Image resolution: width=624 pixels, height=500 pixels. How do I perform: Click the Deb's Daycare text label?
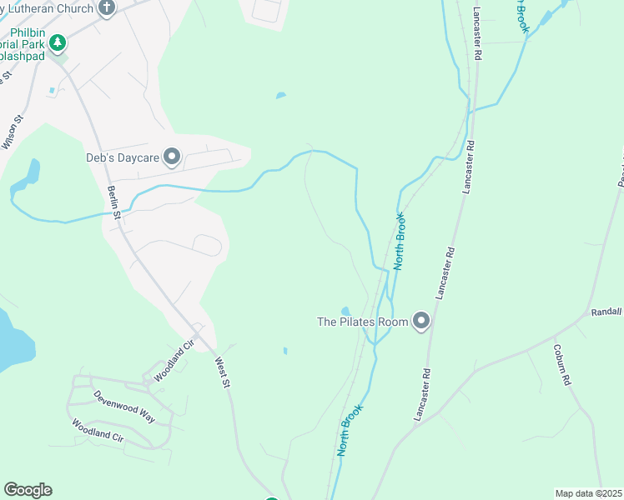(x=122, y=157)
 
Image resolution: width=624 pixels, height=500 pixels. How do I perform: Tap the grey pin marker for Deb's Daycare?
(x=173, y=156)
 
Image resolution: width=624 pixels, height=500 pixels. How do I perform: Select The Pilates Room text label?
(x=362, y=322)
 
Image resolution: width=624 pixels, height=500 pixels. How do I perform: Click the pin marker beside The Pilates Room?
(x=421, y=321)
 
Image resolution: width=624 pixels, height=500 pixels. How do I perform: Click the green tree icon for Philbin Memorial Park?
(x=57, y=41)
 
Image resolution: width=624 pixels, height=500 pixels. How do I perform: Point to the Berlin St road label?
(x=114, y=203)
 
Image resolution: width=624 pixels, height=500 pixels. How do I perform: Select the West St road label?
(x=222, y=373)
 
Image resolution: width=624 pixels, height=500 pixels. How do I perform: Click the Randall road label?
(x=606, y=311)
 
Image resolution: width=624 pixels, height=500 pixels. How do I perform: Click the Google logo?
(x=28, y=490)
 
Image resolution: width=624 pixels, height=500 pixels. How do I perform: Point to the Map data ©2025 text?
(x=587, y=493)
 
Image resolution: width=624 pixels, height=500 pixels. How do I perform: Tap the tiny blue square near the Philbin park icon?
(x=52, y=90)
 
